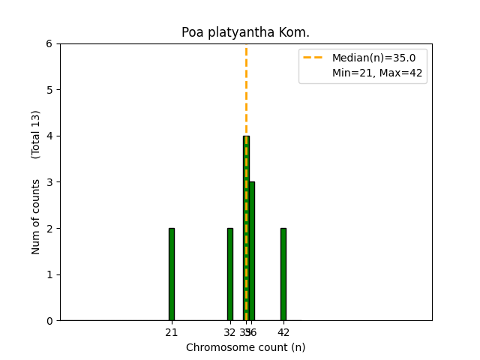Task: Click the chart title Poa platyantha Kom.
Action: pos(245,33)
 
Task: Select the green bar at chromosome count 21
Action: pos(171,274)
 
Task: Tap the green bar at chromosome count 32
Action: pos(229,274)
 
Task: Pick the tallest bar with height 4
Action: pos(246,228)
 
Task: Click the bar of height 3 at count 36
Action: pos(251,251)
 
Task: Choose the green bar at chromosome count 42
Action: pos(283,274)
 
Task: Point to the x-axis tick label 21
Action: pos(171,333)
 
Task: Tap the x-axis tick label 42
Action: pos(283,333)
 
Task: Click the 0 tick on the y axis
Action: pos(49,321)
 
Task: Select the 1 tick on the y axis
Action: pos(49,274)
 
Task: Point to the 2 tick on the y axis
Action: pos(49,228)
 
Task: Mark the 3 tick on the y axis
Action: pos(49,182)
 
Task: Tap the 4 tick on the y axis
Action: pos(49,136)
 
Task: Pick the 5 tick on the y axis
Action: pos(49,90)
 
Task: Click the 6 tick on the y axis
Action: pos(49,43)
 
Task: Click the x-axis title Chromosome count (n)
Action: pos(245,347)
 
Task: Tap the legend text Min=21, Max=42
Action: pos(377,73)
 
